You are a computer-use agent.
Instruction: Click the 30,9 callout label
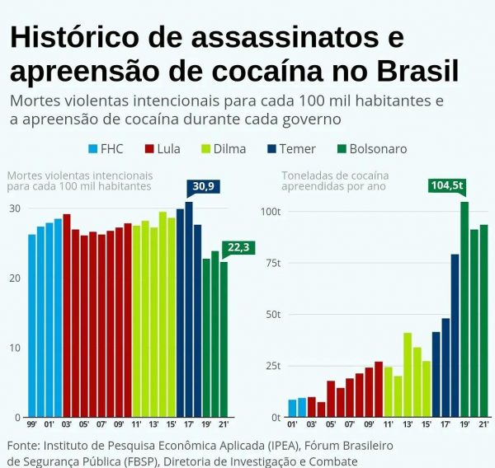203,187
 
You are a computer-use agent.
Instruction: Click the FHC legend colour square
93,149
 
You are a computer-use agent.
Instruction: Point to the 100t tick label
270,212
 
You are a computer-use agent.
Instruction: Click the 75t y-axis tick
271,263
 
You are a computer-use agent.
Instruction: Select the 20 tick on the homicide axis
14,278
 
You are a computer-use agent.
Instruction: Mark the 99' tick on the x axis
31,424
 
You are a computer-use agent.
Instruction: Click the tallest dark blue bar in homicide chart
189,309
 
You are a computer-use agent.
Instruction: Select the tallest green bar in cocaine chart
464,309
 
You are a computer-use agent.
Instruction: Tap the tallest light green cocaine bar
408,374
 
